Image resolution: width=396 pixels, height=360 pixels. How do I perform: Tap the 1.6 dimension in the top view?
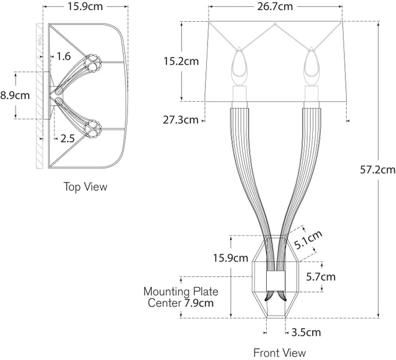coord(64,57)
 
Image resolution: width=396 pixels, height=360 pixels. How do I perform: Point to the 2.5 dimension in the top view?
coord(67,139)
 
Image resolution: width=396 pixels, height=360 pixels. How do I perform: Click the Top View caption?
coord(86,187)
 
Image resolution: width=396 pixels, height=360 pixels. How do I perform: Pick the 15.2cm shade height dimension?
coord(181,61)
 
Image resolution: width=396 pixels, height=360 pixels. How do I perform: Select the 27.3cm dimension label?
coord(181,119)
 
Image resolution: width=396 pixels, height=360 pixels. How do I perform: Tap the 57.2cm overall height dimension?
coord(379,169)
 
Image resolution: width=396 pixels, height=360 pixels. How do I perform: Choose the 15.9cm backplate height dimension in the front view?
coord(230,257)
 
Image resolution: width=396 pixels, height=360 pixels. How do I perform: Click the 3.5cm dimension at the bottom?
coord(306,332)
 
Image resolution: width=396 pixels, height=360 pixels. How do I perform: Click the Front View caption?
coord(279,353)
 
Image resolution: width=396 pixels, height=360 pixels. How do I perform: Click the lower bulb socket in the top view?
coord(94,127)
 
